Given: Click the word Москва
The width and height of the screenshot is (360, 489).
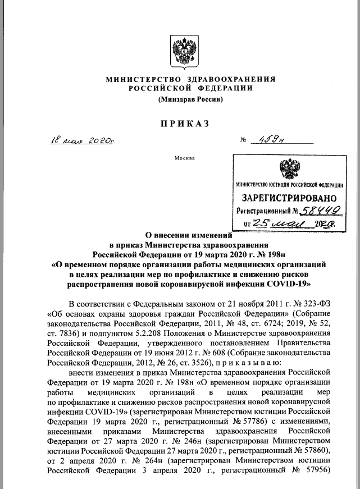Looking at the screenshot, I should (x=185, y=158).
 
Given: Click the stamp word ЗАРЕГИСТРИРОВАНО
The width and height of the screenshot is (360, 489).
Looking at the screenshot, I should (x=289, y=198).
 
